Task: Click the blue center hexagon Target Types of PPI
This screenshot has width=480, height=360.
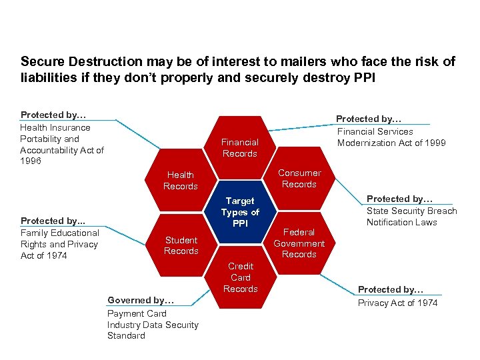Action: pos(240,212)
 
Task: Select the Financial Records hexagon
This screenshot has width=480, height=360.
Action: pos(239,147)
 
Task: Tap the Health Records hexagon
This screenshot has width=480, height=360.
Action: pos(181,181)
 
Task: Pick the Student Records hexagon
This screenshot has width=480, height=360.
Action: pos(181,245)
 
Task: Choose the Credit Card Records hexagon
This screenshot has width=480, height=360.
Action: pos(240,277)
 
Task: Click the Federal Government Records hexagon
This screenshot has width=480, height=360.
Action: pos(299,243)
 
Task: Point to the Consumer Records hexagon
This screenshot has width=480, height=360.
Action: pos(299,178)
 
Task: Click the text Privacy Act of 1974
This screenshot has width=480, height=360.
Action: pos(398,303)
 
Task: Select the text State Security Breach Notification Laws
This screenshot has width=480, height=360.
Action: pos(411,217)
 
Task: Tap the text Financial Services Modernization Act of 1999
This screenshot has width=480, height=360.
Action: pos(391,137)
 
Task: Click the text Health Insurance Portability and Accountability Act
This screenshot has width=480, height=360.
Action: pos(62,144)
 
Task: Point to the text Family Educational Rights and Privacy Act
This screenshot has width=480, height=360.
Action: pos(59,244)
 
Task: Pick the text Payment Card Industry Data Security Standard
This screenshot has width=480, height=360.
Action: pos(153,325)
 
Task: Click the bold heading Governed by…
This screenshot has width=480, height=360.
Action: pos(141,300)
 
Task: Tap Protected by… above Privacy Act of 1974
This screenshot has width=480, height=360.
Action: pos(391,289)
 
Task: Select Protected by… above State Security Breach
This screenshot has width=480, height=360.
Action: pos(400,199)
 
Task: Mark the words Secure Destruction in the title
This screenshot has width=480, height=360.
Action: pos(81,61)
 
